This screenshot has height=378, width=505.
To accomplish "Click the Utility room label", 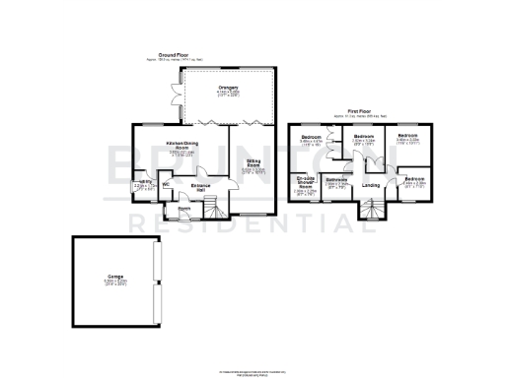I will [144, 181].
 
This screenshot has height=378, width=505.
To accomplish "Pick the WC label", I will [167, 181].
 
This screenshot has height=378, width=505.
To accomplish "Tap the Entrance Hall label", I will [200, 186].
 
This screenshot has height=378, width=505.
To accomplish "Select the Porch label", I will [184, 208].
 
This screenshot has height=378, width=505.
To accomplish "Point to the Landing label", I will [372, 184].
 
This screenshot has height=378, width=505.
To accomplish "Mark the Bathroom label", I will [337, 179].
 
